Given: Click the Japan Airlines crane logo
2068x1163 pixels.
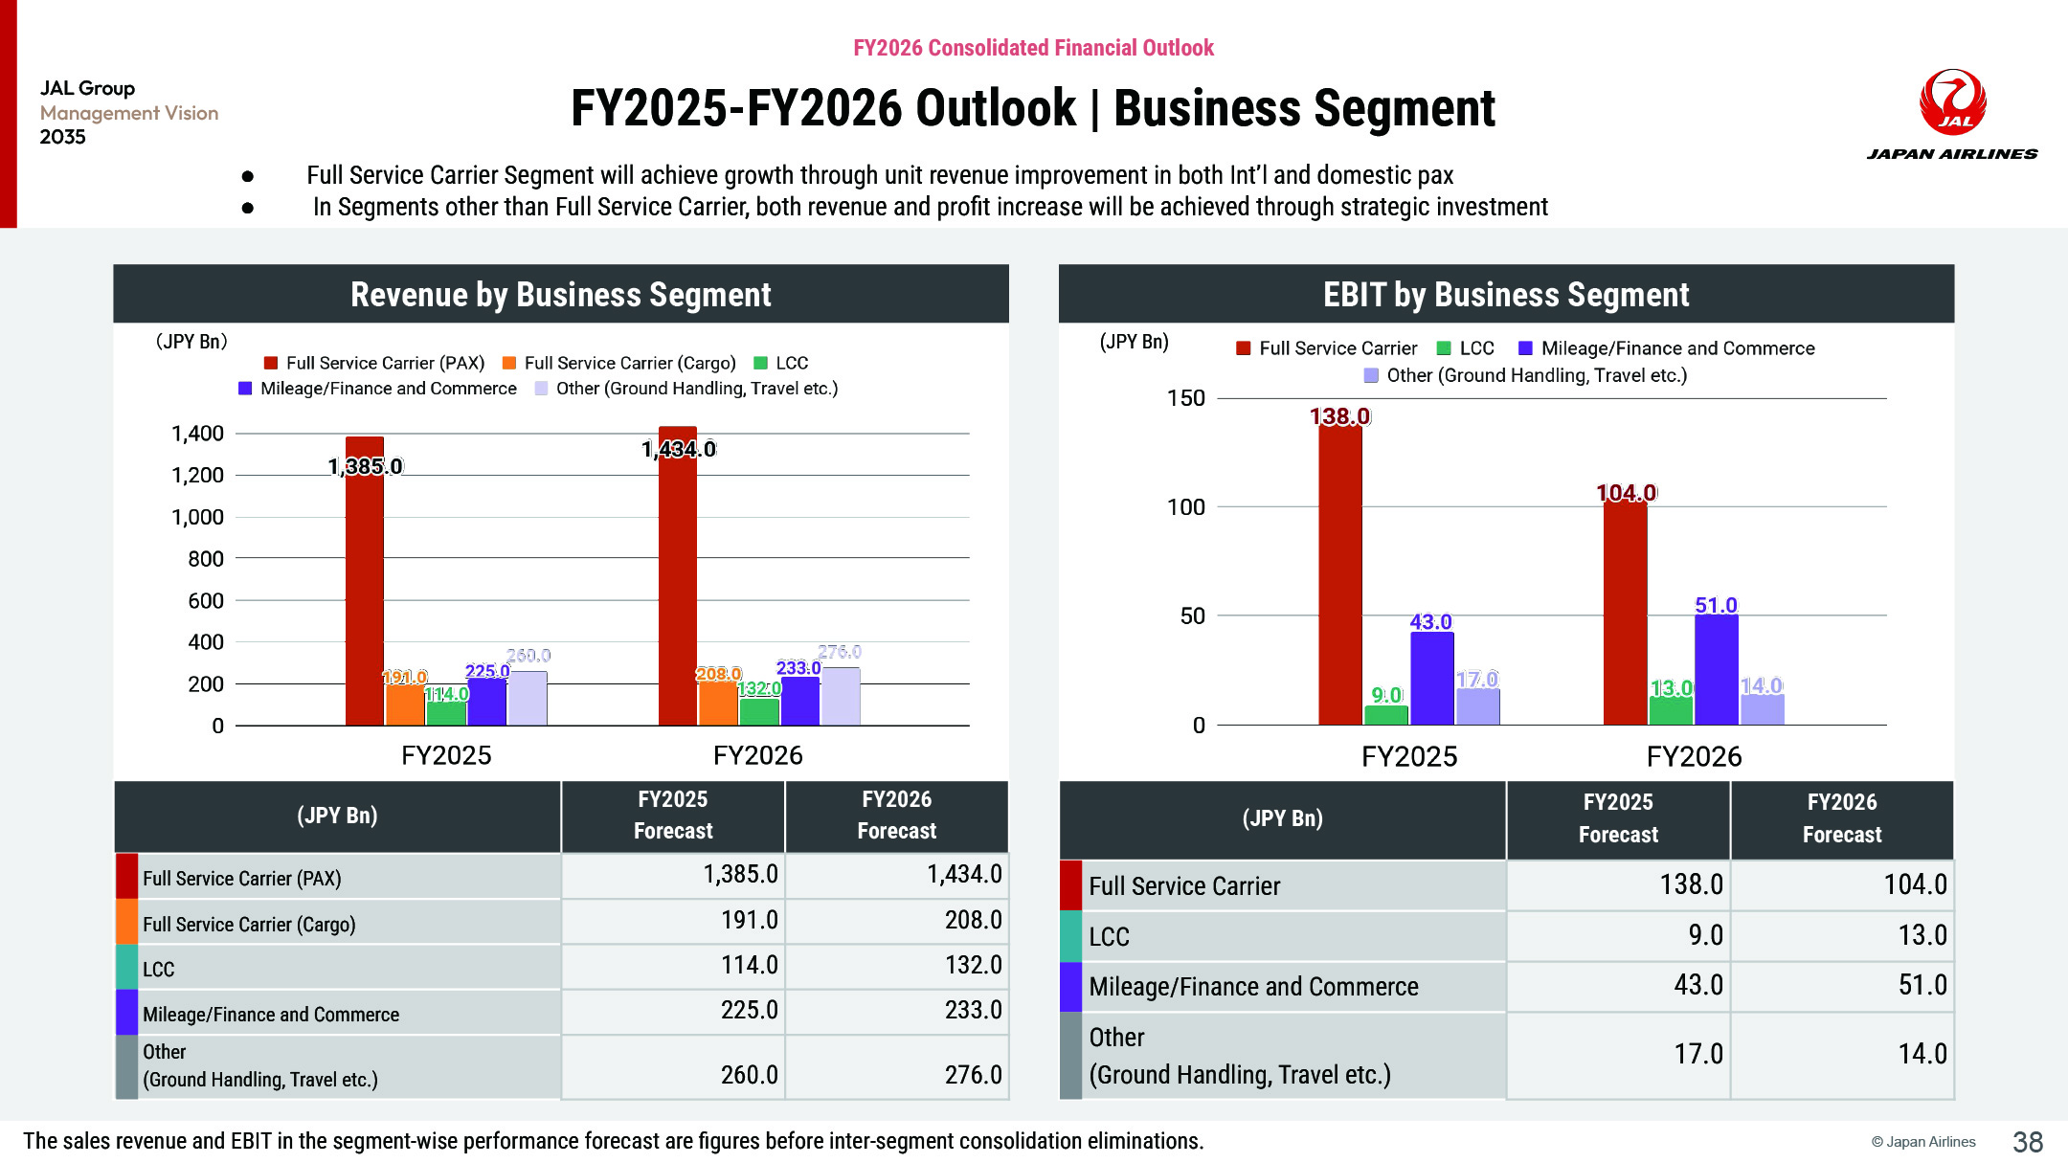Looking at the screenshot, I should [x=1952, y=101].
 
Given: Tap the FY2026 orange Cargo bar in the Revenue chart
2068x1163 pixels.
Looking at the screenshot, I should [x=717, y=703].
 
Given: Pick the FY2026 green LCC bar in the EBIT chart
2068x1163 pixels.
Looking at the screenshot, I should [x=1671, y=710].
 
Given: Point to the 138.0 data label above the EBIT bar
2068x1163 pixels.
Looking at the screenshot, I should [x=1339, y=416].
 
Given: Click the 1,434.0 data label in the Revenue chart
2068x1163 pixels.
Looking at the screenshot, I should [x=679, y=449].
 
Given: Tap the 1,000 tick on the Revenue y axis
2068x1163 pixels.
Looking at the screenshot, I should [x=197, y=517].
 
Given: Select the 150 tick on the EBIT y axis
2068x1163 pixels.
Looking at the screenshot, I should [x=1185, y=398].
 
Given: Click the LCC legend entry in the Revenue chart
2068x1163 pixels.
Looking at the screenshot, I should [x=781, y=363].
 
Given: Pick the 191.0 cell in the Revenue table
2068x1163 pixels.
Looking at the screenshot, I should [x=749, y=920].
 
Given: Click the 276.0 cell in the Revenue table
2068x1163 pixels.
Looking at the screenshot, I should [x=973, y=1075].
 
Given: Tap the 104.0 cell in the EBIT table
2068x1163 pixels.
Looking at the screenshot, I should [x=1915, y=884].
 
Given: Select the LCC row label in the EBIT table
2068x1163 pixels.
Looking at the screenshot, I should [x=1109, y=936].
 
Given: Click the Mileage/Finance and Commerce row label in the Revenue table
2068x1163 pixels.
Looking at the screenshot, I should [x=271, y=1015].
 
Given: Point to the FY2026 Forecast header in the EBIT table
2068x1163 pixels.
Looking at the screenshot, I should [x=1841, y=818].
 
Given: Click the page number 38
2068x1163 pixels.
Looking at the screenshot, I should [x=2028, y=1142].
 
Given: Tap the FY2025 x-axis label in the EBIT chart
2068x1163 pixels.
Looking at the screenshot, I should [x=1409, y=757].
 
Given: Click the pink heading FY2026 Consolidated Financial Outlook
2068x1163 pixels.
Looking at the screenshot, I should [x=1033, y=48].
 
